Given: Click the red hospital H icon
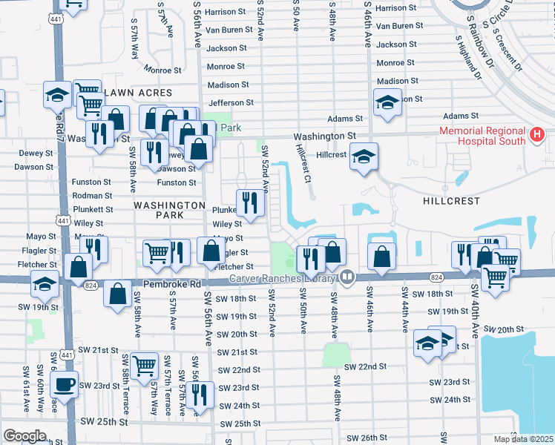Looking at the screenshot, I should [538, 136].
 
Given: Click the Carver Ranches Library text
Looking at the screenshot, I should [282, 278].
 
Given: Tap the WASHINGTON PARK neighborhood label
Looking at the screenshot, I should [169, 210].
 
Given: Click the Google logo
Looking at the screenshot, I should [24, 436].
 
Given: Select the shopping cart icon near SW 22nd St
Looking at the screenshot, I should [143, 364].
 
